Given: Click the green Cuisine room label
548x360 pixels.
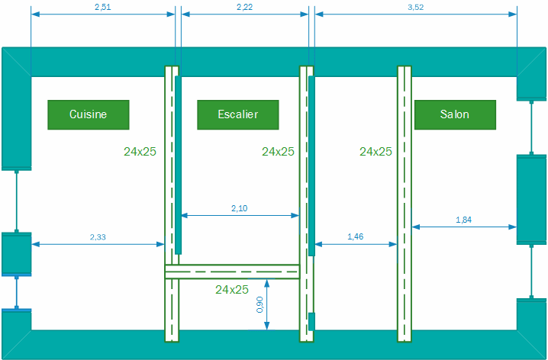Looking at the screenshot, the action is pos(88,114).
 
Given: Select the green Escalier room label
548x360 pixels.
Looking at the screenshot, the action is pos(237,114).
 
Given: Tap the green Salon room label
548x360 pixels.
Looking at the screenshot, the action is pos(455,114).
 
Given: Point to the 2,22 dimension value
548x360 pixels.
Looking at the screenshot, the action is pos(245,8).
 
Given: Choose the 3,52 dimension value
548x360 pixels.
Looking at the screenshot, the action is pos(415,8).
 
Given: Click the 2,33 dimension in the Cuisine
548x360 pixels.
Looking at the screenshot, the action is pos(98,237).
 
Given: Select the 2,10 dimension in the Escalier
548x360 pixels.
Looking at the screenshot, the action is pos(240,208).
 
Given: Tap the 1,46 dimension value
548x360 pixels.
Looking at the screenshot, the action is pos(355,237).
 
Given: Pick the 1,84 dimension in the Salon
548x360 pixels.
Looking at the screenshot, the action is pos(463,220).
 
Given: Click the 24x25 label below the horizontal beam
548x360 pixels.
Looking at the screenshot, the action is pos(232,290).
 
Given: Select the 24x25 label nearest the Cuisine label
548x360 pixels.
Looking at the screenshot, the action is pos(140,152).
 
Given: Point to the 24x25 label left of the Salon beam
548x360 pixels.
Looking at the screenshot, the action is pos(376,152).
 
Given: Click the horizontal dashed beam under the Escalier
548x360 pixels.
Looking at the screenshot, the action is pos(232,272).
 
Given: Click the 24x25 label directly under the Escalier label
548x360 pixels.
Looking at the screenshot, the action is pos(278,152).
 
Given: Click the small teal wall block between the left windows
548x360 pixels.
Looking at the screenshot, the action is pos(16,253).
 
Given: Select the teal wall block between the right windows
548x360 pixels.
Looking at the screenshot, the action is pos(532,200).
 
